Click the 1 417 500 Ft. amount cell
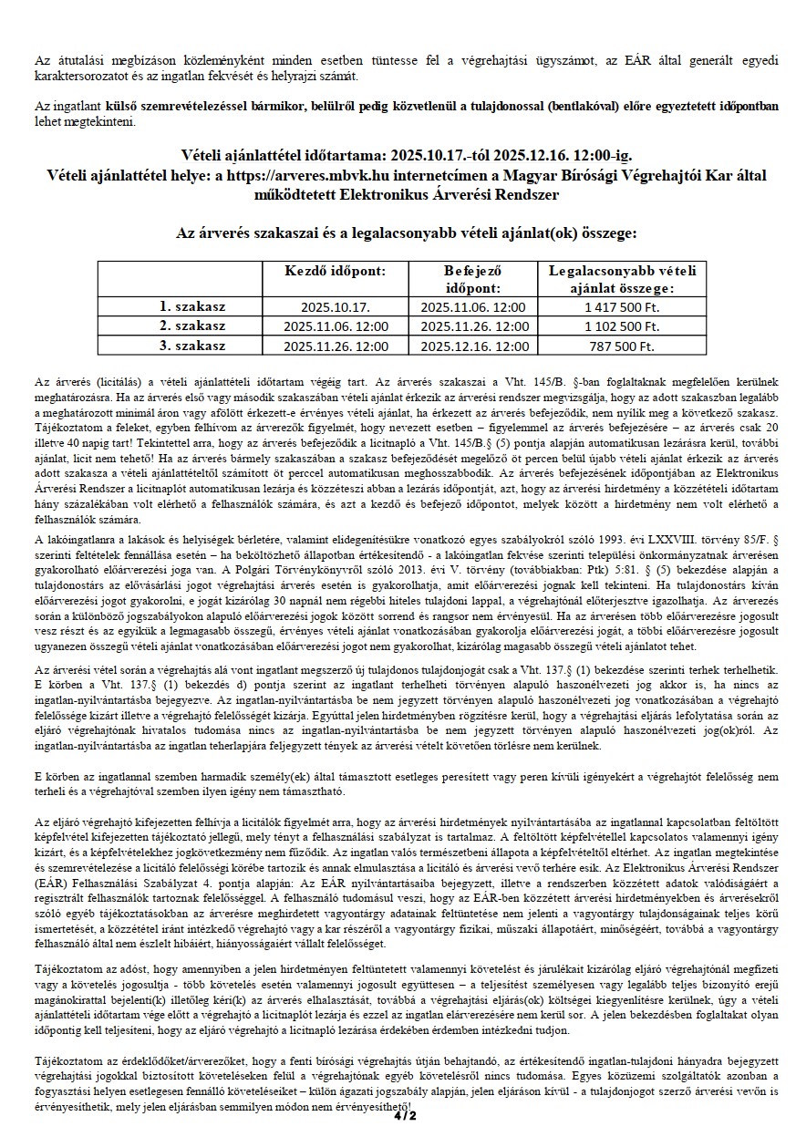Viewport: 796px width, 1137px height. (622, 307)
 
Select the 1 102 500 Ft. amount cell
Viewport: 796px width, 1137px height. (622, 326)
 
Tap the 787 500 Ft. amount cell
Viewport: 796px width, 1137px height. (622, 346)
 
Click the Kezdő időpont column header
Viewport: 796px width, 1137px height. (336, 272)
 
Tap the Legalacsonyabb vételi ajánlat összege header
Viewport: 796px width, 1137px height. (622, 279)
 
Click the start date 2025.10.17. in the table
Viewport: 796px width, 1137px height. (336, 307)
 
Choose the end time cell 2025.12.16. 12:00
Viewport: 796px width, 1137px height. (474, 346)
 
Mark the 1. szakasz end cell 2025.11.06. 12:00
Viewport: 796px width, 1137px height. (474, 307)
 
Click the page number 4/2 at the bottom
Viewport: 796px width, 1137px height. (401, 1115)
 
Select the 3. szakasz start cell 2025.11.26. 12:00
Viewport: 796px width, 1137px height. (336, 346)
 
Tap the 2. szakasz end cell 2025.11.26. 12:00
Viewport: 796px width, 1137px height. (474, 326)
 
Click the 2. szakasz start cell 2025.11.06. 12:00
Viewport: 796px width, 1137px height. (336, 326)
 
